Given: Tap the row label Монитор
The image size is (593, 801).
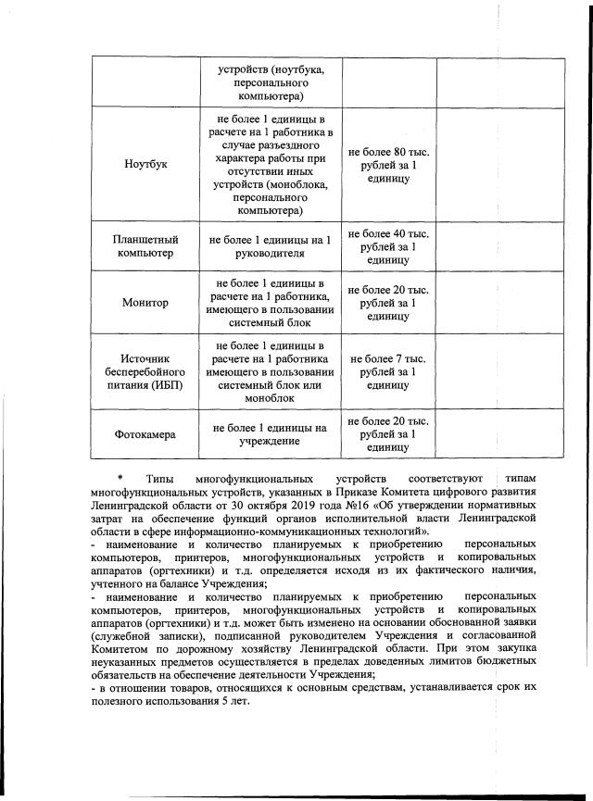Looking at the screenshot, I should click(x=145, y=303).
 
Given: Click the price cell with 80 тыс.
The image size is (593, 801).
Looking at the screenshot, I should click(x=387, y=165).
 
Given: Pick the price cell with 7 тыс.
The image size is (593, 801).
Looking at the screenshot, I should click(x=387, y=371).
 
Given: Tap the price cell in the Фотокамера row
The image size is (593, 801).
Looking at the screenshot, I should click(x=387, y=433).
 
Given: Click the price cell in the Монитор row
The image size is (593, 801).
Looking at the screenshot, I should click(x=387, y=303).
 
